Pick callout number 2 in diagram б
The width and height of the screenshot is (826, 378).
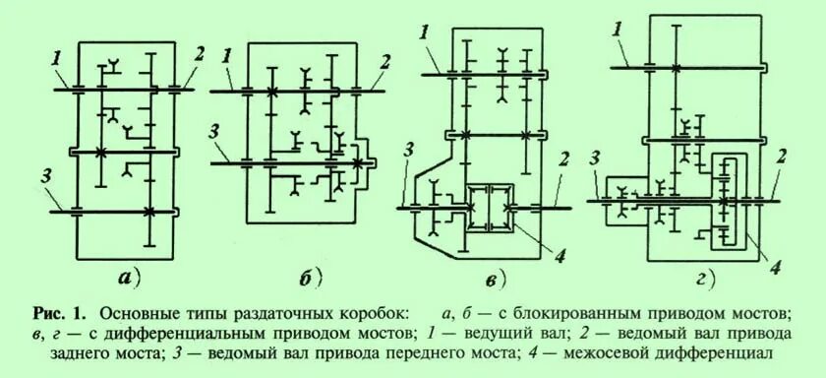tap(385, 61)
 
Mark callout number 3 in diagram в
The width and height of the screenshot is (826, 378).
tap(407, 150)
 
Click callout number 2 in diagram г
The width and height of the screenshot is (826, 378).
tap(780, 157)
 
